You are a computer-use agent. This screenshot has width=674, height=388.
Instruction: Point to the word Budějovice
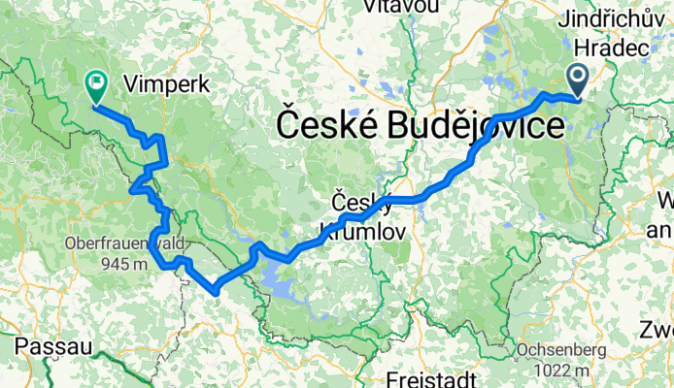click(x=484, y=125)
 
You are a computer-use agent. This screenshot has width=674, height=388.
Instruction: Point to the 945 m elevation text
click(x=118, y=263)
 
